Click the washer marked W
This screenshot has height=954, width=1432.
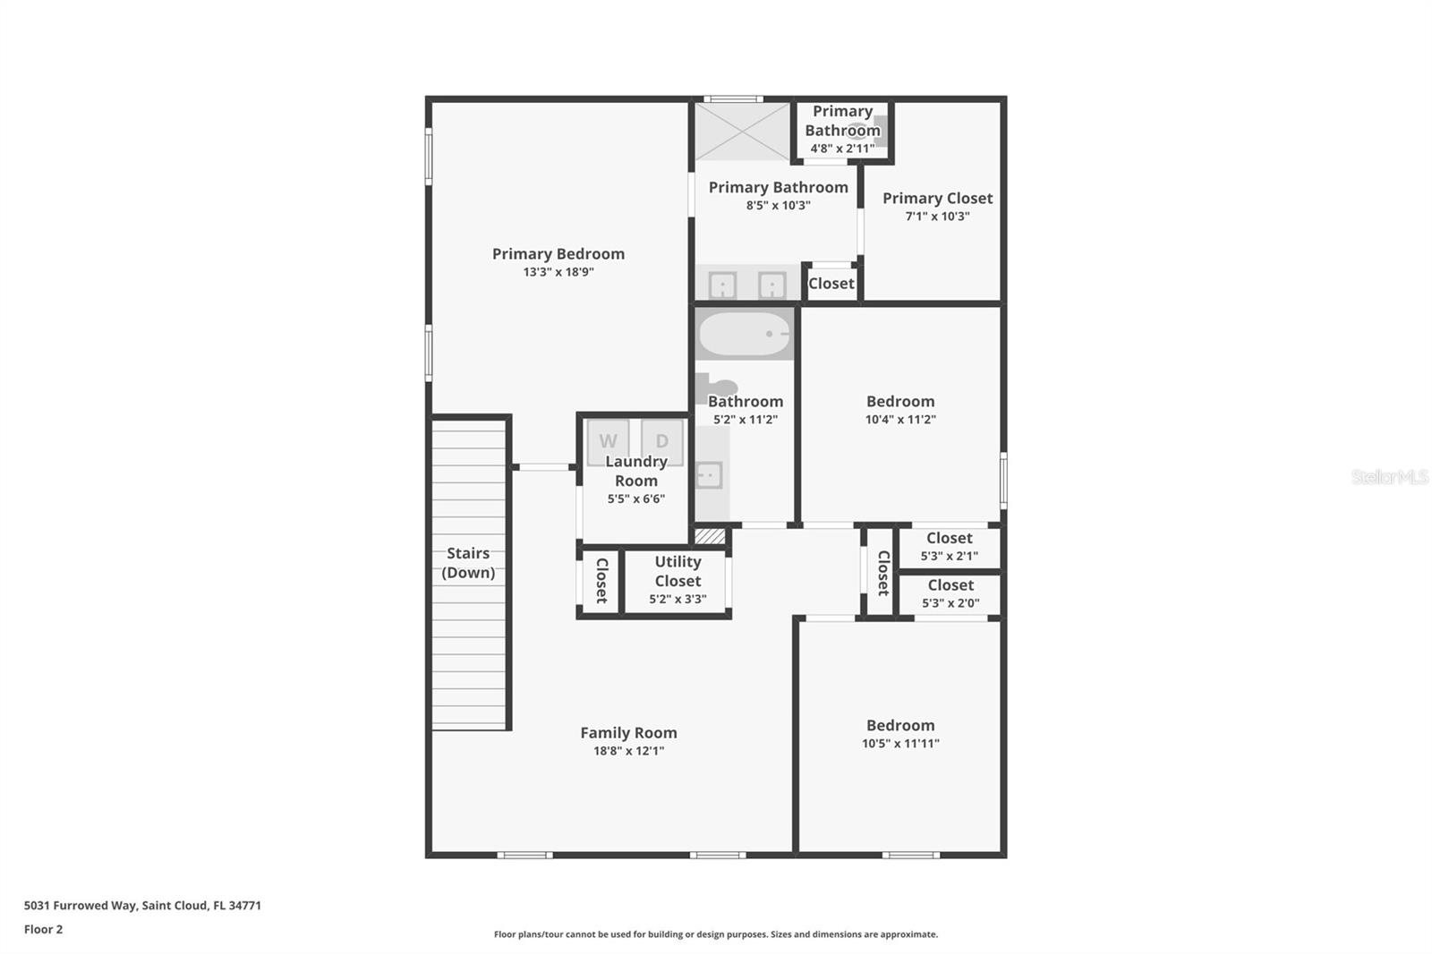(608, 441)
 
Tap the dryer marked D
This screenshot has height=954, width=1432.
(662, 441)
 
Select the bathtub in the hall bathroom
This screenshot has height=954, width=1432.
(745, 334)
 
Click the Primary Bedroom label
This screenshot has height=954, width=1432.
(558, 254)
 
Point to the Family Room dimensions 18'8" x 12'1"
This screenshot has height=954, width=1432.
(628, 751)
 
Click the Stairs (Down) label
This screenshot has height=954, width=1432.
(468, 563)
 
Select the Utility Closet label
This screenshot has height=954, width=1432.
(678, 571)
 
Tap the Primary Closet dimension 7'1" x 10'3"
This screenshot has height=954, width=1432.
(937, 217)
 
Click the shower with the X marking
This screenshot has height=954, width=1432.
(743, 132)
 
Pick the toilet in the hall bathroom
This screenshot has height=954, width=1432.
(715, 388)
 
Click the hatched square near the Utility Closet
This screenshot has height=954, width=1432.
(710, 536)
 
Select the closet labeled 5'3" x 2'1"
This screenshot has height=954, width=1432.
(949, 547)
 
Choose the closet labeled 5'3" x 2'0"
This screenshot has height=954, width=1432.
(950, 594)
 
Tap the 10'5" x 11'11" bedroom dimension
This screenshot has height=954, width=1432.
(900, 744)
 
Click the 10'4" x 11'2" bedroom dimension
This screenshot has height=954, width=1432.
(900, 420)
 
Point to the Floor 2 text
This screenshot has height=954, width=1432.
(43, 929)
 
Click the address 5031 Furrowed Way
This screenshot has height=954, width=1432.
(142, 906)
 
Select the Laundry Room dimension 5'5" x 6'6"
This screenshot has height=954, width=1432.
(635, 499)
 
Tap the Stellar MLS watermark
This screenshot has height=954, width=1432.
(1389, 477)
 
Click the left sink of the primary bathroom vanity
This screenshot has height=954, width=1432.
(722, 285)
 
